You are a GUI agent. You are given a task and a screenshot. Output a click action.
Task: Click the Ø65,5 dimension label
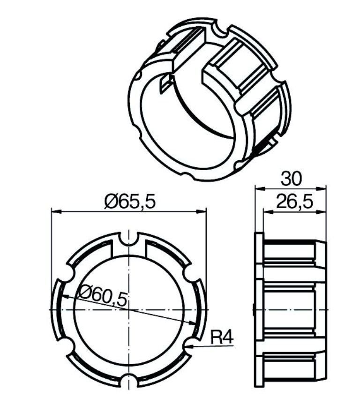(130, 202)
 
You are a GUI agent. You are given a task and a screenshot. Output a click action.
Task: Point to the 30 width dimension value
(291, 179)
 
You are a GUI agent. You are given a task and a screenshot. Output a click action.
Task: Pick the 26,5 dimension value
(295, 202)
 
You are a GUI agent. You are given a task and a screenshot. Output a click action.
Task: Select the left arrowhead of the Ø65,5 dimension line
(56, 212)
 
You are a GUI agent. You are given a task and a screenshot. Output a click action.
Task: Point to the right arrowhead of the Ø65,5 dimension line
(202, 212)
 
